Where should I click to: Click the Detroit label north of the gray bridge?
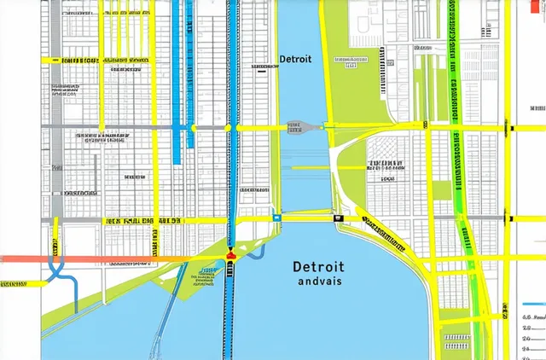tap(295, 60)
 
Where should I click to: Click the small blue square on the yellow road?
tap(276, 218)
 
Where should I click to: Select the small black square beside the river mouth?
tap(339, 218)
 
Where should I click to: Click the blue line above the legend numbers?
tap(532, 304)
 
